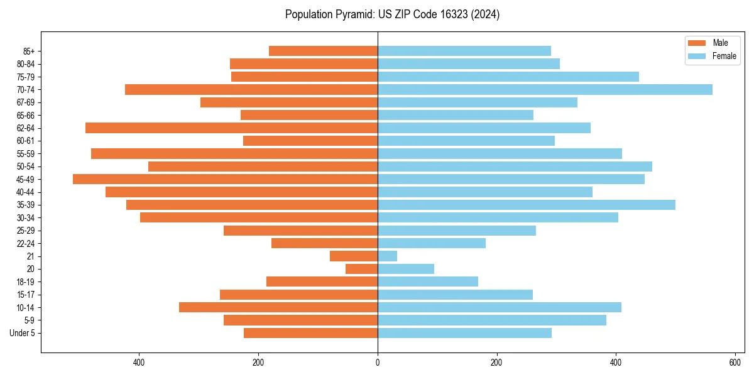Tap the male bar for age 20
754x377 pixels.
[361, 269]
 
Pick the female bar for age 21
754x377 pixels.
[387, 256]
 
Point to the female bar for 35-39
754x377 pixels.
[527, 205]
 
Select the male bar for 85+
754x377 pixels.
[323, 51]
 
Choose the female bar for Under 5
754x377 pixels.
[464, 333]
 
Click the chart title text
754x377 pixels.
[392, 14]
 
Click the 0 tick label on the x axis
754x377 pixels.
[378, 363]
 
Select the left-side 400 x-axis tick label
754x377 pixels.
[139, 363]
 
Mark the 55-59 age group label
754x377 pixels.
[26, 153]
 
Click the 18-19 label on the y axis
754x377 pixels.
[26, 281]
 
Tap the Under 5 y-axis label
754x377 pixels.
[23, 333]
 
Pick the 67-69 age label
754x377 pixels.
[26, 102]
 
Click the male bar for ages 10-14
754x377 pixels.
[278, 307]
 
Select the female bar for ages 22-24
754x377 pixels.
[432, 243]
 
